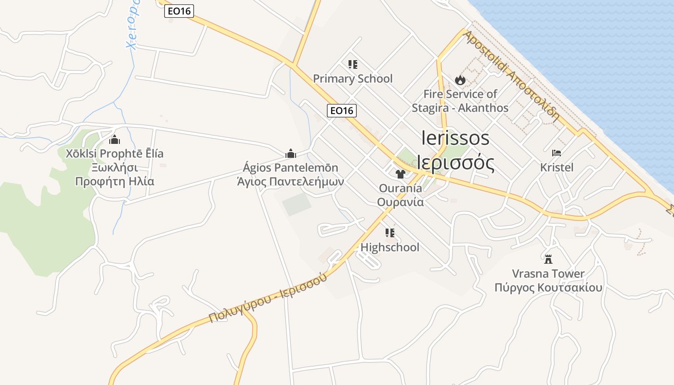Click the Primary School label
click(353, 78)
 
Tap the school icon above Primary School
click(353, 64)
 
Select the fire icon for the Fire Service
click(460, 80)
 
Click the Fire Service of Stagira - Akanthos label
click(460, 101)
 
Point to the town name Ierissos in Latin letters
click(455, 138)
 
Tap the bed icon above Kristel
click(557, 153)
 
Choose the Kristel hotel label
click(557, 167)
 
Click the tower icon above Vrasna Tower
click(548, 259)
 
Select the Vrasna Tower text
click(548, 274)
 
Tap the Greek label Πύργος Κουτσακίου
click(548, 288)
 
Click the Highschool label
click(390, 247)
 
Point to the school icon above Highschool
click(390, 233)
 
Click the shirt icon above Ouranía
click(400, 174)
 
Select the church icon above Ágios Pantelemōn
click(290, 154)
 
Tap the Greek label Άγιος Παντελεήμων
click(290, 182)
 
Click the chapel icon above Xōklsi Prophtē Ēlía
click(115, 140)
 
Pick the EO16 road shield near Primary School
click(341, 111)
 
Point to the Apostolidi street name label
click(512, 76)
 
